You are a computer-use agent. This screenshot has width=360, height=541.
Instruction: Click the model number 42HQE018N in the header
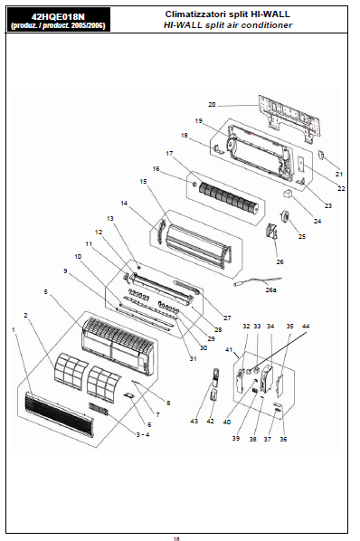(58, 16)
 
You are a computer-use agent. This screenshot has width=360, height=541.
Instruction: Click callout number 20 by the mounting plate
(212, 104)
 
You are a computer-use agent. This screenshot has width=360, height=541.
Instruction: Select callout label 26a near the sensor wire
(270, 289)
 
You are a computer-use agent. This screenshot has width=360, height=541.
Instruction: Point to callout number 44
(306, 326)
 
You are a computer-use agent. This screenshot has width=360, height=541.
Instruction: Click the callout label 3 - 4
(143, 434)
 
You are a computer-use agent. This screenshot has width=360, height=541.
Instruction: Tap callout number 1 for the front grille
(14, 330)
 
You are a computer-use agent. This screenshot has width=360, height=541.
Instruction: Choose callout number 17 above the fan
(169, 153)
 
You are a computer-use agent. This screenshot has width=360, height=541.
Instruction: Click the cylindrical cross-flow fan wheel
(229, 197)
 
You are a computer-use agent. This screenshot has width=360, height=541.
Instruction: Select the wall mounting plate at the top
(289, 118)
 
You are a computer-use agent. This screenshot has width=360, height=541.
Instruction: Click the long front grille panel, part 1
(59, 414)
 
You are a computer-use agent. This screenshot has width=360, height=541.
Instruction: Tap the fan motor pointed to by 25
(286, 217)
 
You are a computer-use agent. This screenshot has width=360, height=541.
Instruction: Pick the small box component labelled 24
(288, 194)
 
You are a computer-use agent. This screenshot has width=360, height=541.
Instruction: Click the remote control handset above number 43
(214, 377)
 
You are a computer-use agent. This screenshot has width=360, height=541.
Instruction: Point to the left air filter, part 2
(71, 371)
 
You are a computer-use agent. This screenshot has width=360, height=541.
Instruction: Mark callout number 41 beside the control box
(229, 349)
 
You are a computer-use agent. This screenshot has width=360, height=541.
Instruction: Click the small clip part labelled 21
(321, 155)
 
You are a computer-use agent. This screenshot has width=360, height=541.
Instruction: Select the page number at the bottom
(176, 538)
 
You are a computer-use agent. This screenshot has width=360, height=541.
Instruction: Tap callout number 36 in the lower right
(283, 439)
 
